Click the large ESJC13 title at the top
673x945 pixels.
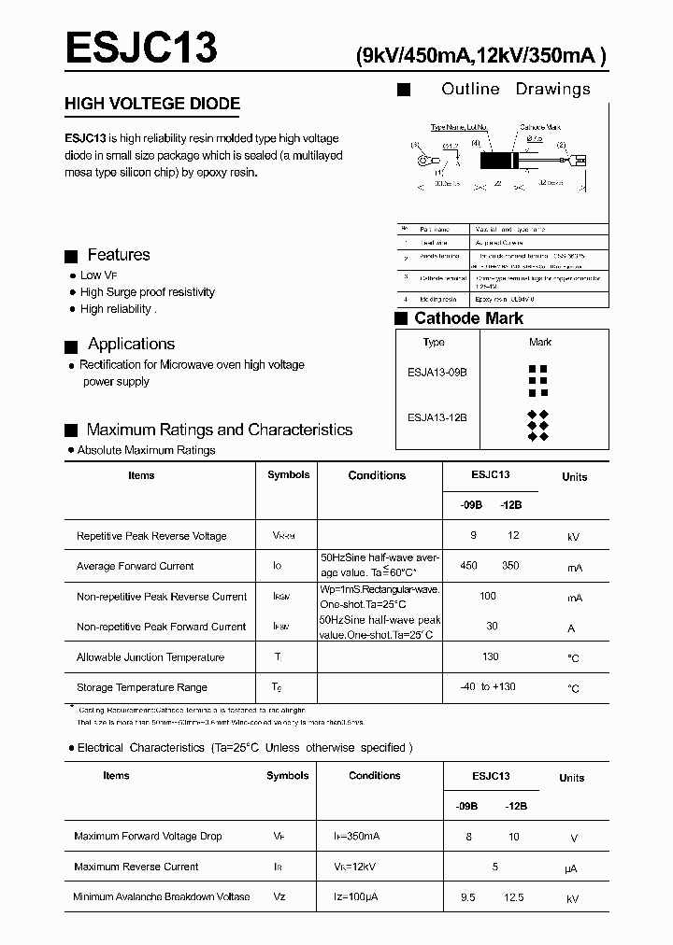point(141,48)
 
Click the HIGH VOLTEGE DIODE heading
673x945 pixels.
point(152,104)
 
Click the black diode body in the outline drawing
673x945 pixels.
point(498,159)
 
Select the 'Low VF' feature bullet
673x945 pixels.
point(99,275)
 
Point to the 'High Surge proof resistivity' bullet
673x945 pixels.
point(147,292)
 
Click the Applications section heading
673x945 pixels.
point(131,344)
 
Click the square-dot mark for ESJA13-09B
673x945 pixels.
point(538,375)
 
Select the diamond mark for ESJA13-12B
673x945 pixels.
point(537,425)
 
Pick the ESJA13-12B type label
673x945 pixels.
point(437,418)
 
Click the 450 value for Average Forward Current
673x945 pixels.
point(469,566)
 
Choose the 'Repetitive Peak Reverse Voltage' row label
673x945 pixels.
point(151,536)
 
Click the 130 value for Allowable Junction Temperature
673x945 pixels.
point(490,656)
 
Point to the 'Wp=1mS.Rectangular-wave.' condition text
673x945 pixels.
point(379,590)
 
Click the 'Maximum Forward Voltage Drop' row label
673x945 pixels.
point(148,836)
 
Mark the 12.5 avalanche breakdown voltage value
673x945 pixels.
point(513,897)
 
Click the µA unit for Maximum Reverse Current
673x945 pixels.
point(571,867)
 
